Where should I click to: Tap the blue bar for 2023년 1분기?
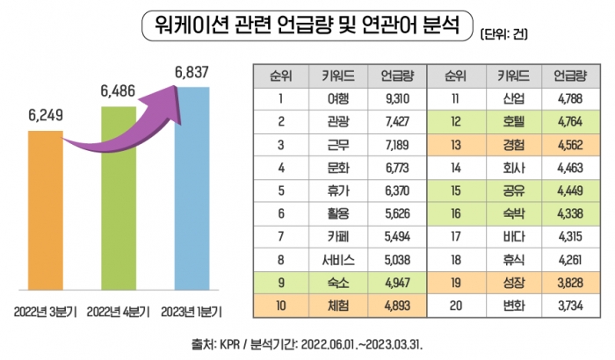[x=192, y=193]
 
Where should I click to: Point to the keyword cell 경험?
[x=512, y=144]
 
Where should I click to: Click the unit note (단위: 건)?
[x=510, y=35]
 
